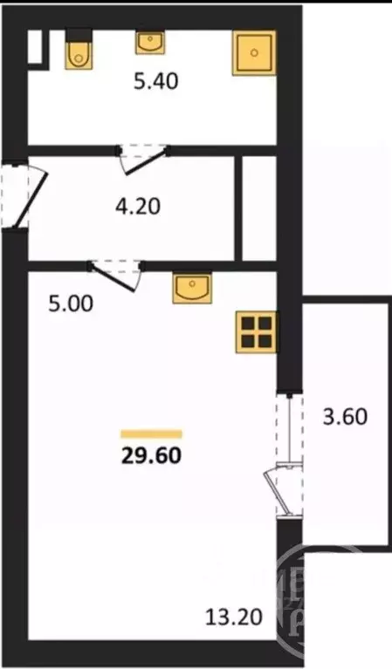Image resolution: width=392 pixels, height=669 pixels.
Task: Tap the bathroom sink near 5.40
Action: (150, 42)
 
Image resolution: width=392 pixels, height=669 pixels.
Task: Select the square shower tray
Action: (254, 53)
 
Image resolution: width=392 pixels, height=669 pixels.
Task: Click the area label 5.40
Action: (155, 81)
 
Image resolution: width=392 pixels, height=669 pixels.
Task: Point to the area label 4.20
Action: (138, 206)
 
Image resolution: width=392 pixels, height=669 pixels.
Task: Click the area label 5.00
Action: (71, 304)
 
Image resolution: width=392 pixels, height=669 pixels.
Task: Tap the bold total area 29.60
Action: (152, 455)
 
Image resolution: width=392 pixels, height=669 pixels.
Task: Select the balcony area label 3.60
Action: (345, 416)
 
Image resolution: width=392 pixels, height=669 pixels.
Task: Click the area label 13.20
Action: (234, 617)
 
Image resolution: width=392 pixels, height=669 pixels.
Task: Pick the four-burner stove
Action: (256, 332)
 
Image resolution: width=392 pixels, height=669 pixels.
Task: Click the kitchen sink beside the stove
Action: (192, 288)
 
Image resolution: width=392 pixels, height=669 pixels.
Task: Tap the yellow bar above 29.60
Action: (152, 434)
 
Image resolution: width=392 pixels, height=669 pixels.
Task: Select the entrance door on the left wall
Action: (24, 196)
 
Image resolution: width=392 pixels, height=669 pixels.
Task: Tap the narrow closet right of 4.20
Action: (259, 208)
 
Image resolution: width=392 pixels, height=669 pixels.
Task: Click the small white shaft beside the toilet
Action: (36, 47)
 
